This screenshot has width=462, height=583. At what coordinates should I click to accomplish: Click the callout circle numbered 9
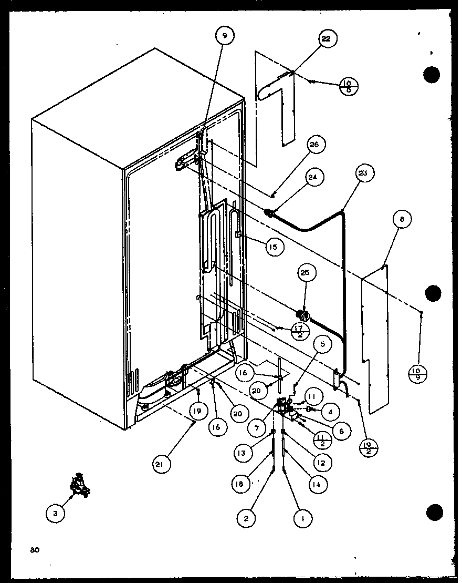(224, 36)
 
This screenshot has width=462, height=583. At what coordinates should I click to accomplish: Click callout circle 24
(312, 177)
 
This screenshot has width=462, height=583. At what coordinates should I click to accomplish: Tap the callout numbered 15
(275, 246)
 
